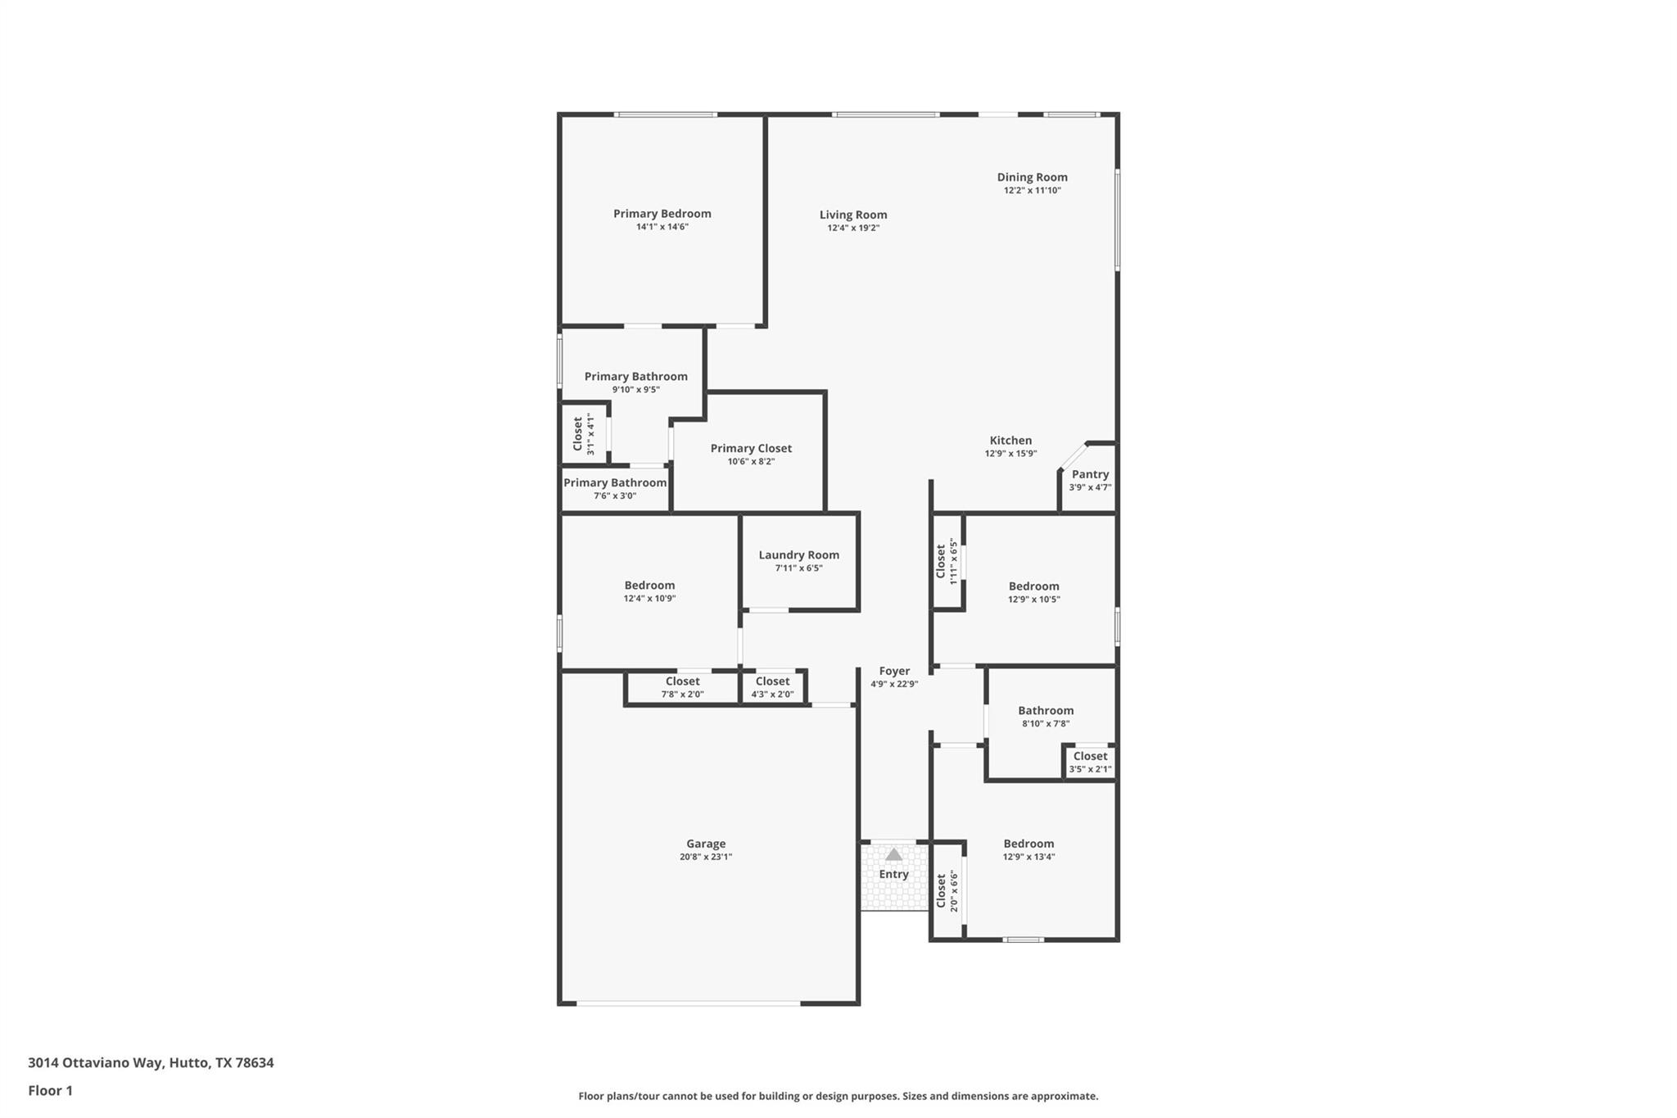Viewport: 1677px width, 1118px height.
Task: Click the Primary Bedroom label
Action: (x=662, y=214)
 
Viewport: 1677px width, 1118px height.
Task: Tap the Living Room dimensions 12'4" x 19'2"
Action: (x=852, y=229)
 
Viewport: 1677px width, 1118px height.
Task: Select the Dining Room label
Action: (x=1032, y=177)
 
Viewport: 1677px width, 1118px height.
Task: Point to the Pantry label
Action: (x=1090, y=474)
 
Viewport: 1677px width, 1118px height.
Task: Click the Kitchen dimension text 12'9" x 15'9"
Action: (x=1010, y=454)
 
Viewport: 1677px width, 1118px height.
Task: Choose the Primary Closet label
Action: (x=750, y=448)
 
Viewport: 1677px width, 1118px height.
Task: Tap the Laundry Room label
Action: (x=798, y=554)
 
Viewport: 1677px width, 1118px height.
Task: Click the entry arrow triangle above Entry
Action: (x=893, y=855)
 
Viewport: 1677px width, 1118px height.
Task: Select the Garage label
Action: (x=705, y=844)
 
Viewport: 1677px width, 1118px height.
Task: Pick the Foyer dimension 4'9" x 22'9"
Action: (x=893, y=684)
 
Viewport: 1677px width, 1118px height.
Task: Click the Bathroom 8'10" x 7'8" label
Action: (x=1046, y=711)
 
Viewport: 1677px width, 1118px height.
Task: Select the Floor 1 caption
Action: (x=50, y=1090)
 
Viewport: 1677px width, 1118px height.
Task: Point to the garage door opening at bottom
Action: (x=688, y=1003)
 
